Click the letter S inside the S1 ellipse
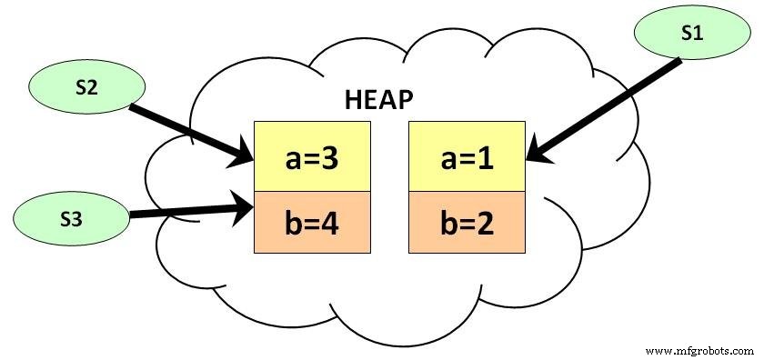point(687,34)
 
